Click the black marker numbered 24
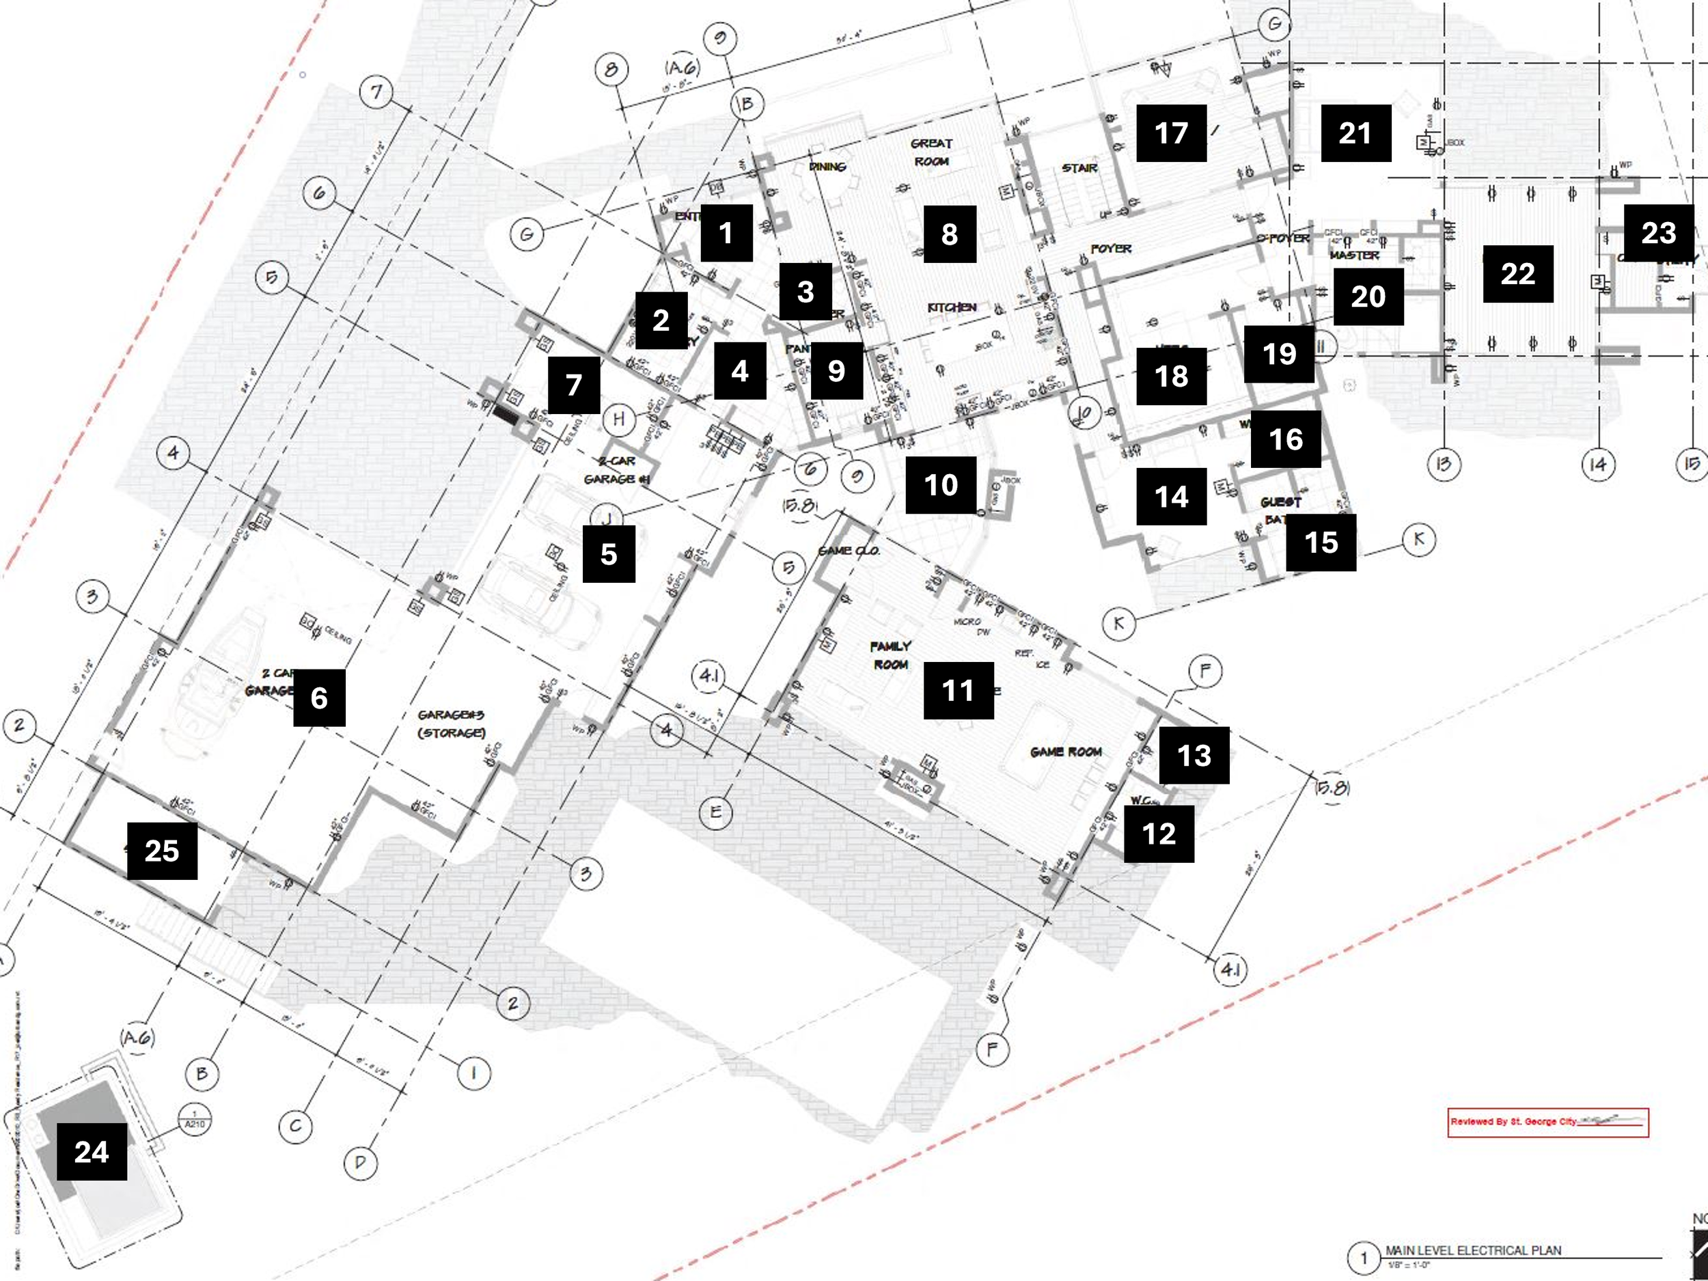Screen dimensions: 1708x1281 [91, 1151]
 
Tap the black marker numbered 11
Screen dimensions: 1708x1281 [959, 690]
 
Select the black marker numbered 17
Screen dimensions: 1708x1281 [1170, 133]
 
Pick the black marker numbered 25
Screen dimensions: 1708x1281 [161, 850]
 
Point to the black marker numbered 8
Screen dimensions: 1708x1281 [949, 234]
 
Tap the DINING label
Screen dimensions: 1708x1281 [827, 167]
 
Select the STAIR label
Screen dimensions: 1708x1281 [1079, 167]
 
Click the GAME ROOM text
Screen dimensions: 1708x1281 [1066, 752]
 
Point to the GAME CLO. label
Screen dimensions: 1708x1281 [849, 551]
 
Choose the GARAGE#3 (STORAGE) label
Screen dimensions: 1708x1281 [451, 724]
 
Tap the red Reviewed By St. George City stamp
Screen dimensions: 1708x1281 [1547, 1122]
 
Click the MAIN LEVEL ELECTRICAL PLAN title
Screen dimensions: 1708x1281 [1472, 1250]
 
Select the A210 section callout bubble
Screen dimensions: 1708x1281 [194, 1120]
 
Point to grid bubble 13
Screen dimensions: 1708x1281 [1443, 464]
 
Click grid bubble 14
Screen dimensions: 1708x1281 [1597, 464]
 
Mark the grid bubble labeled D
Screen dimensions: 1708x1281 [360, 1162]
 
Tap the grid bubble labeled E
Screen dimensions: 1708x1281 [715, 812]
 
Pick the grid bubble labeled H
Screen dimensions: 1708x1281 [618, 419]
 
